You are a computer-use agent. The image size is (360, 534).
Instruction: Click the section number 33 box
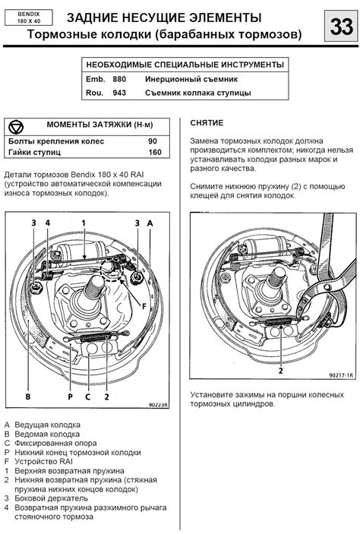(340, 27)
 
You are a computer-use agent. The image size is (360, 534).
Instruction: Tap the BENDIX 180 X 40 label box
(29, 17)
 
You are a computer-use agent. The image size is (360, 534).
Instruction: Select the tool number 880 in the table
(119, 79)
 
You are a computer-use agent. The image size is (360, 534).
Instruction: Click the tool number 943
(119, 93)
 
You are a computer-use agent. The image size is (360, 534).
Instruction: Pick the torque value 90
(153, 141)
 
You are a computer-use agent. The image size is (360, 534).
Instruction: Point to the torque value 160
(155, 152)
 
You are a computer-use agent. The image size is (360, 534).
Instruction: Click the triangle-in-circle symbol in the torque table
(16, 127)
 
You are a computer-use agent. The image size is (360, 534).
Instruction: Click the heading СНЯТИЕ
(207, 123)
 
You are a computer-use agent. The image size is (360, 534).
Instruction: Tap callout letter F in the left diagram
(144, 306)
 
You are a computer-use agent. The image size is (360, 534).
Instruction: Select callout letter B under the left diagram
(28, 397)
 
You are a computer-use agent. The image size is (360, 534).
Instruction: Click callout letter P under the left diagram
(70, 397)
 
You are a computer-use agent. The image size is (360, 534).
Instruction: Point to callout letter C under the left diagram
(88, 397)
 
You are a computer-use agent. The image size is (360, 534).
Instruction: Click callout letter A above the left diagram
(150, 223)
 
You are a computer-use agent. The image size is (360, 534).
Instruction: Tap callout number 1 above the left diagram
(84, 223)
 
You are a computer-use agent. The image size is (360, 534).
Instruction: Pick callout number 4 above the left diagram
(48, 223)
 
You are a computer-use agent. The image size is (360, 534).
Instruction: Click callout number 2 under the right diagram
(281, 371)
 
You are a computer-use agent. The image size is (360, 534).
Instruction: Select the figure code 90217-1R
(341, 375)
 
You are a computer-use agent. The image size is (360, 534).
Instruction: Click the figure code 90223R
(159, 405)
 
